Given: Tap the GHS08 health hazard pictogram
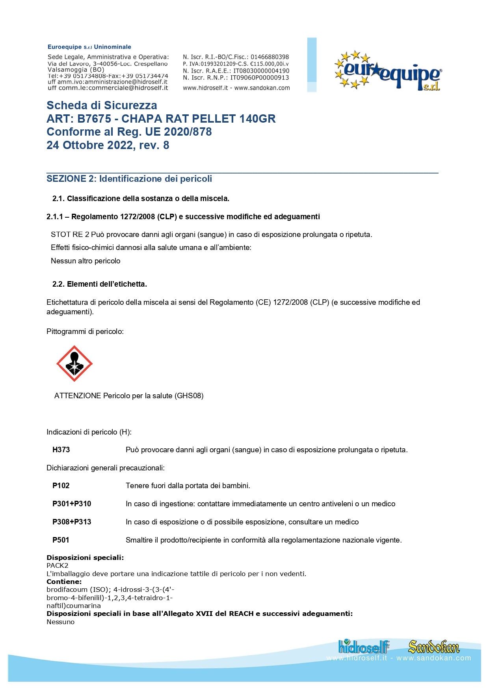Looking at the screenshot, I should [74, 364].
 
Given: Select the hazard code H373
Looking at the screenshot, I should [61, 450].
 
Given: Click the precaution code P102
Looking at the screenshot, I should [61, 485].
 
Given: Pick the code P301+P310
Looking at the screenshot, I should [72, 504].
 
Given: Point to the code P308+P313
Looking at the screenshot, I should [72, 522].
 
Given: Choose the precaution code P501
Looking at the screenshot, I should [61, 540].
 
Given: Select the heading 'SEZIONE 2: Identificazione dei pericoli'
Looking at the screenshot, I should [129, 179].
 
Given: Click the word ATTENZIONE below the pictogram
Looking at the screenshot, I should [78, 395].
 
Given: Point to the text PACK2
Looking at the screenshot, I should [58, 565].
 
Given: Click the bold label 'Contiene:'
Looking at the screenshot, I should [64, 582].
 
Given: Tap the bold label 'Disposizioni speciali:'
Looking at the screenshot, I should [85, 558].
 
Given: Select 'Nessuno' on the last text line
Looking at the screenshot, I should [60, 622].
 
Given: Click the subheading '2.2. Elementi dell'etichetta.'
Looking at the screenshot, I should [99, 284].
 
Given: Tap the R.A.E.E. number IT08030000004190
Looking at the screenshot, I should [261, 71].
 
